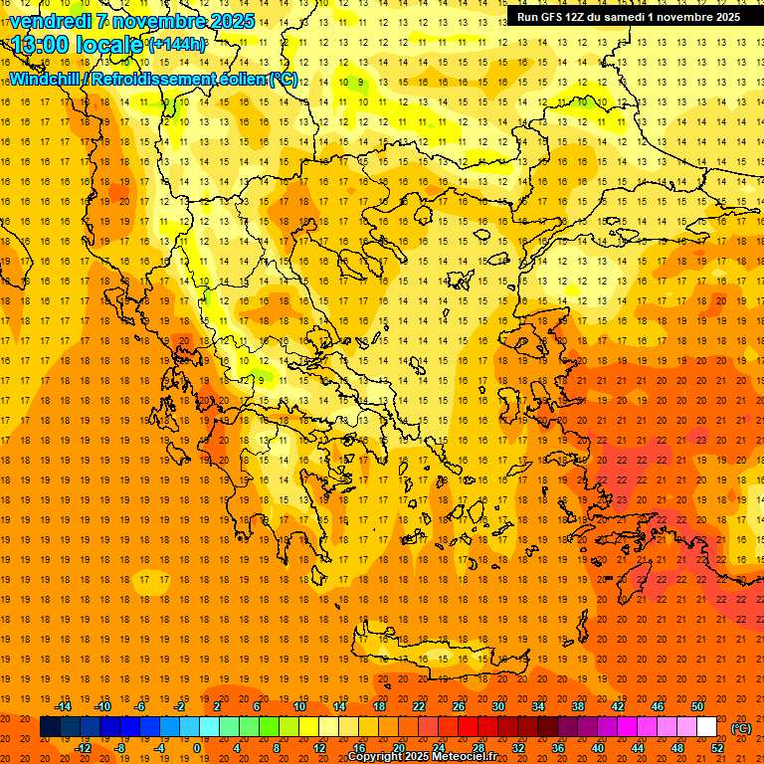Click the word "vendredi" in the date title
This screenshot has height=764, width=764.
(x=50, y=21)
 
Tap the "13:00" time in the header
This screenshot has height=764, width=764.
(x=40, y=45)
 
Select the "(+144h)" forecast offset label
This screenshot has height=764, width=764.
(x=177, y=45)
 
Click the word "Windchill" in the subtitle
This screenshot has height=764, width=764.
(x=44, y=79)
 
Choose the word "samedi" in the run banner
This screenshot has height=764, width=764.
(x=632, y=17)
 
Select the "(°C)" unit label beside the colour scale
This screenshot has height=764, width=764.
(x=741, y=728)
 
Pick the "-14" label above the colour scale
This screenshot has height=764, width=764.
(x=64, y=706)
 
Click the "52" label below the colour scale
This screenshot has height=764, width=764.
(x=717, y=747)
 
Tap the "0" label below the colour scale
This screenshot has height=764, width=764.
(x=197, y=747)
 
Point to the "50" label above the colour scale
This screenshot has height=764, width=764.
(x=697, y=706)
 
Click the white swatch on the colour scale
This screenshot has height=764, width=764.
(x=706, y=727)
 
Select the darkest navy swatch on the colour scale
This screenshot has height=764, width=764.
(x=50, y=727)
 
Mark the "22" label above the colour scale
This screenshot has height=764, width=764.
(x=419, y=706)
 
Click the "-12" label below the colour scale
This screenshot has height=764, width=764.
(x=84, y=747)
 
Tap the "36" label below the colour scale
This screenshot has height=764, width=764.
(x=558, y=747)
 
